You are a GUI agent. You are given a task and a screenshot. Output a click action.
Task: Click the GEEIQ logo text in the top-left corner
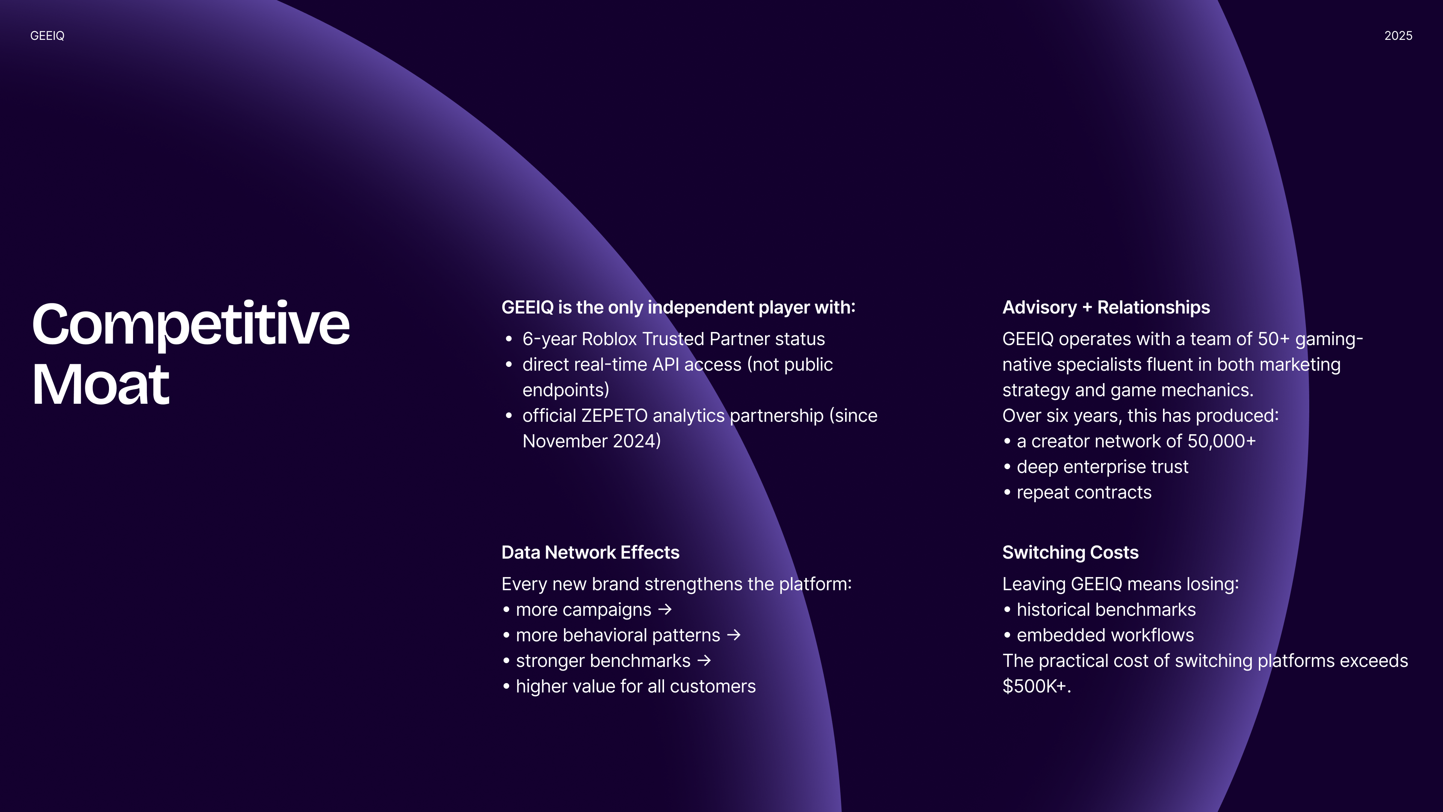coord(47,36)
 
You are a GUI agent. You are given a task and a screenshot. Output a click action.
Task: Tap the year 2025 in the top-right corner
coord(1398,36)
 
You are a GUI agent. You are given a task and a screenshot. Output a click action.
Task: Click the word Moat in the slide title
coord(101,385)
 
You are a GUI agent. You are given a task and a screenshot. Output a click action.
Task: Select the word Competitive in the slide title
coord(191,324)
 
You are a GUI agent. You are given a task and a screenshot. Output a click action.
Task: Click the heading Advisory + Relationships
coord(1106,307)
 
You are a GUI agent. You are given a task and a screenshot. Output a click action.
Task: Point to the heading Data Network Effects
coord(590,553)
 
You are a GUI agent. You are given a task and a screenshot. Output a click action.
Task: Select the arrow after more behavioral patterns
coord(734,635)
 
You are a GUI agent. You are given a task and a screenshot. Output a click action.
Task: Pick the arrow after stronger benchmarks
coord(704,661)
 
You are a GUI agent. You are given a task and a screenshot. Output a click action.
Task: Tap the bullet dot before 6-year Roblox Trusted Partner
coord(509,339)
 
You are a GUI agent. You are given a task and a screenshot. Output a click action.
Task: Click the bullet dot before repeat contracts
coord(1007,492)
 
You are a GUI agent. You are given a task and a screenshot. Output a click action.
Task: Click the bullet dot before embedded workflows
coord(1007,635)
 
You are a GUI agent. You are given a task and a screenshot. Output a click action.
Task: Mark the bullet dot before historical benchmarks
coord(1007,610)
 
